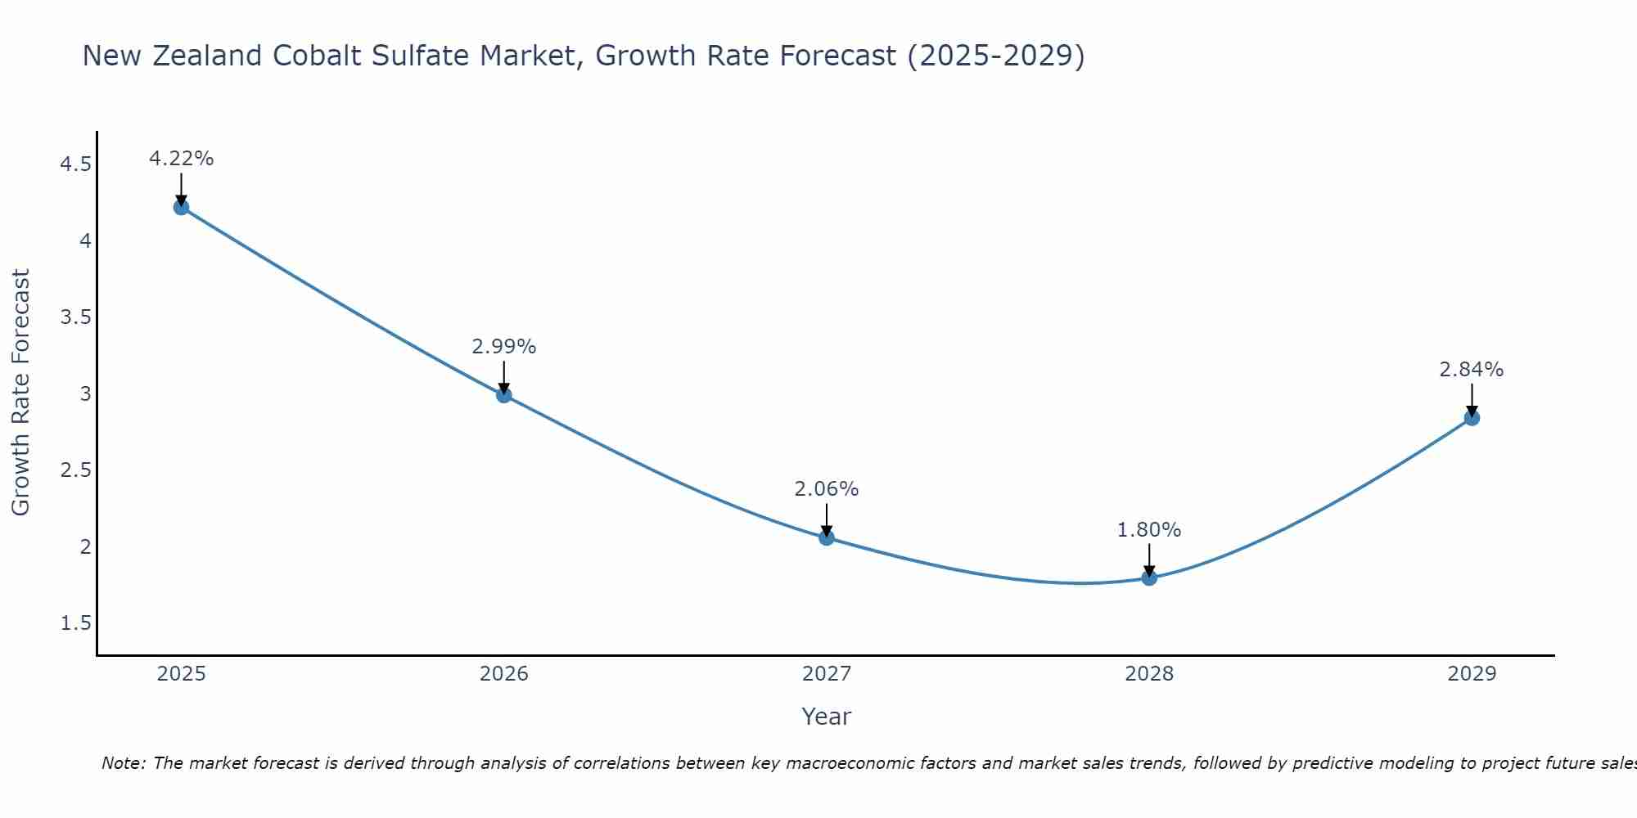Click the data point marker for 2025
[x=181, y=207]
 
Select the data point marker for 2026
[x=503, y=395]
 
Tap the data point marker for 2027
[x=826, y=537]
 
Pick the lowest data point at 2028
[x=1149, y=578]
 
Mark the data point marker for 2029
[x=1472, y=418]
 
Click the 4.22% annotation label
[x=181, y=159]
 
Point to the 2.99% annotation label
[x=503, y=347]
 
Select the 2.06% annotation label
[x=826, y=489]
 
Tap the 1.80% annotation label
[x=1149, y=530]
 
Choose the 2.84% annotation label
[x=1472, y=370]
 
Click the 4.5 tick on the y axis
[x=75, y=165]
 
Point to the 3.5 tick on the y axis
[x=75, y=317]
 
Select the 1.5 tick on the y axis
[x=75, y=623]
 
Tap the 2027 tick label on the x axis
[x=826, y=674]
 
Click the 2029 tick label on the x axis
[x=1472, y=674]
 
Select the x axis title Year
[x=826, y=717]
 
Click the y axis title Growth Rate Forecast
[x=20, y=393]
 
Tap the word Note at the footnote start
[x=123, y=763]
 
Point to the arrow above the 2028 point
[x=1149, y=560]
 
